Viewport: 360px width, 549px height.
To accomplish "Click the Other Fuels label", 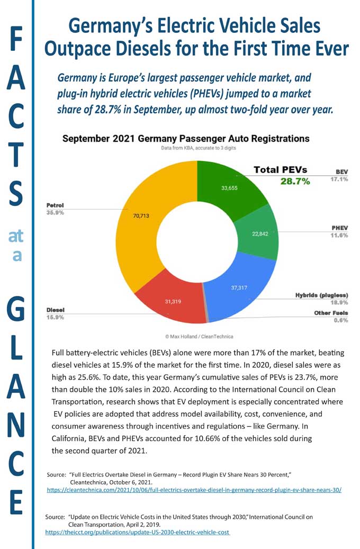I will [331, 313].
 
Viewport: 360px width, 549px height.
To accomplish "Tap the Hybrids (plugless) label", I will [321, 294].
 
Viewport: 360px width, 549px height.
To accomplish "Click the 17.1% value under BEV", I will [339, 180].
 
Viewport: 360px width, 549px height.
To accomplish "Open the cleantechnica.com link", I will [194, 490].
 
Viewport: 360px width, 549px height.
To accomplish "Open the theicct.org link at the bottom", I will [138, 532].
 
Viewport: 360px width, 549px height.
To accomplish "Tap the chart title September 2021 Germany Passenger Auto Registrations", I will [186, 139].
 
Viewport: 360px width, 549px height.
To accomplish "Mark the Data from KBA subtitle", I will [199, 148].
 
